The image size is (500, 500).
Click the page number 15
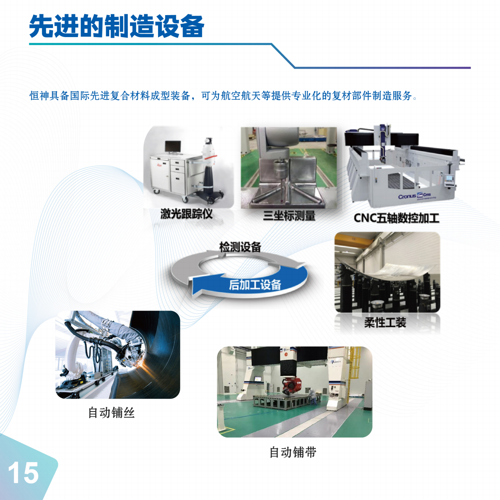click(x=23, y=473)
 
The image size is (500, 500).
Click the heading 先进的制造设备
click(x=116, y=26)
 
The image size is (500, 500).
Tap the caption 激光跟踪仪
click(x=186, y=214)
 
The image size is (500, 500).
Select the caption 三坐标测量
click(x=289, y=216)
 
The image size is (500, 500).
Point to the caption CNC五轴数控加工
click(x=396, y=218)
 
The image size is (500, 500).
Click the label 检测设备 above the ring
click(x=240, y=247)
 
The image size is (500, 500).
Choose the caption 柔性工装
click(x=385, y=322)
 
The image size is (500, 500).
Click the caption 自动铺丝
click(x=111, y=413)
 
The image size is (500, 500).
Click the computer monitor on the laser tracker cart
click(x=173, y=147)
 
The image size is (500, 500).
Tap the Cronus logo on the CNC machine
click(x=407, y=197)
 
